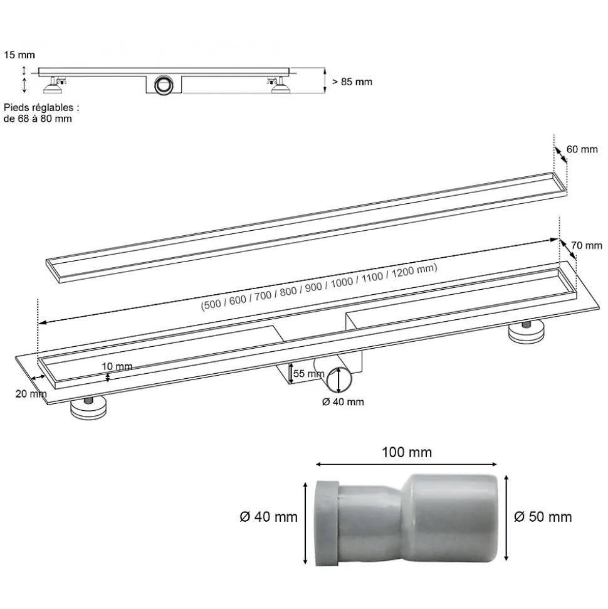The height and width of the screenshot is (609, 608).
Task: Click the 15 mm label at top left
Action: pyautogui.click(x=19, y=55)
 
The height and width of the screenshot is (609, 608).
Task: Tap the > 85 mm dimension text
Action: pyautogui.click(x=352, y=82)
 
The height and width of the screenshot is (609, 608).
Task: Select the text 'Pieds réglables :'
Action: pyautogui.click(x=41, y=108)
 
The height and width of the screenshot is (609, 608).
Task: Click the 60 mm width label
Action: pyautogui.click(x=582, y=149)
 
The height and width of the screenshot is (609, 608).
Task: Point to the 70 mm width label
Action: pyautogui.click(x=586, y=245)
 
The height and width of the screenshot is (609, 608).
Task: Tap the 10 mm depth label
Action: pyautogui.click(x=117, y=366)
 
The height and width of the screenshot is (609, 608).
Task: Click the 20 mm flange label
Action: pyautogui.click(x=31, y=394)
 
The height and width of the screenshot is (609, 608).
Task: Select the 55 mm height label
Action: pyautogui.click(x=308, y=374)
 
